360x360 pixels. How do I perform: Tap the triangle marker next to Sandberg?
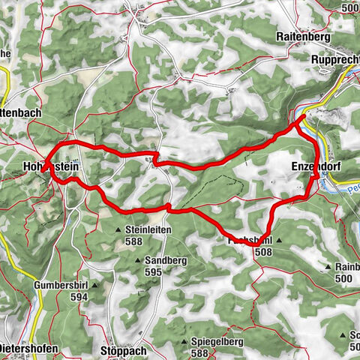(136, 260)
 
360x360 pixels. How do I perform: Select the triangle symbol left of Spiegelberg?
(184, 342)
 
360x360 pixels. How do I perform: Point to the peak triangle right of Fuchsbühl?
(278, 241)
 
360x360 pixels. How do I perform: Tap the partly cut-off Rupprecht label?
(335, 62)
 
